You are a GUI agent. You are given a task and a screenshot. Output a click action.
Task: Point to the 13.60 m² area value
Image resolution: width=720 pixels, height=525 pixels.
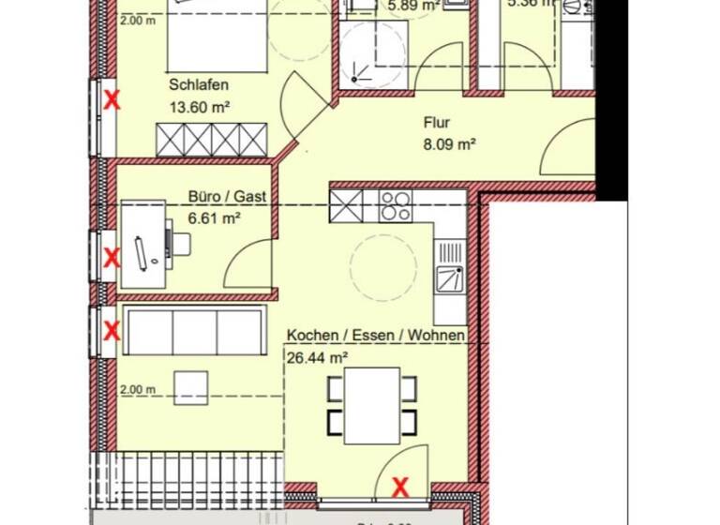tap(200, 107)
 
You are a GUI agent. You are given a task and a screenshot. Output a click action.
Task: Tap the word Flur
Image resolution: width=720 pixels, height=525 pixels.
tap(437, 123)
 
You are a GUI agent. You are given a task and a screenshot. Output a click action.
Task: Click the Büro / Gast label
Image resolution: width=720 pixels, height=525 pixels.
tap(227, 197)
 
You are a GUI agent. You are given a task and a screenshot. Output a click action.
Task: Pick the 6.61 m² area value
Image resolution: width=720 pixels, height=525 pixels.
tap(216, 217)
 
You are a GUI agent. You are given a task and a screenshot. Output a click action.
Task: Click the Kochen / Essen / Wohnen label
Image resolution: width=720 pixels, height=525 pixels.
tap(376, 336)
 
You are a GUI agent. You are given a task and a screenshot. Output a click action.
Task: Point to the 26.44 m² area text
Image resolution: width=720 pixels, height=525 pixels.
tap(318, 357)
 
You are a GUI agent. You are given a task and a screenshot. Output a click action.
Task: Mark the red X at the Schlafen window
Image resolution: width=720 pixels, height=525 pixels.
tap(112, 99)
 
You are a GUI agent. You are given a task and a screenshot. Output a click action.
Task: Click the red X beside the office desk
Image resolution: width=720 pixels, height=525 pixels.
tap(112, 256)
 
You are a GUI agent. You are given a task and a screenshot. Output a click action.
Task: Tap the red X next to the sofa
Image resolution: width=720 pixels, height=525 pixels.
tap(112, 330)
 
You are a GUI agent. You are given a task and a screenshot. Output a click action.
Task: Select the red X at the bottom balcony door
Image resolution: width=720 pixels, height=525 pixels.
tap(400, 487)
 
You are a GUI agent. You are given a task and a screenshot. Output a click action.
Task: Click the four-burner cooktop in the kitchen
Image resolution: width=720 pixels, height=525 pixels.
tap(394, 205)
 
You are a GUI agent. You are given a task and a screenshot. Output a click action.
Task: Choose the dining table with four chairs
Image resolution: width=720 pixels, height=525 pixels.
tap(372, 405)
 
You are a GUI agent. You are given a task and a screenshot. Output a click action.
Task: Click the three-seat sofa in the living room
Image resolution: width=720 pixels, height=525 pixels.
tap(192, 332)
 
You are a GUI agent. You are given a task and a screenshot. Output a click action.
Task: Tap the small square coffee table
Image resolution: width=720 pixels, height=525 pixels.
tap(191, 386)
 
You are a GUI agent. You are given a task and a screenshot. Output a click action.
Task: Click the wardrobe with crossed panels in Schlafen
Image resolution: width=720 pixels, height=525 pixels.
tap(212, 140)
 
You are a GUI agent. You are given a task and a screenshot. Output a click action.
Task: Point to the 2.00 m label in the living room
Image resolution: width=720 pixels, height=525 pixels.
tap(137, 389)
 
